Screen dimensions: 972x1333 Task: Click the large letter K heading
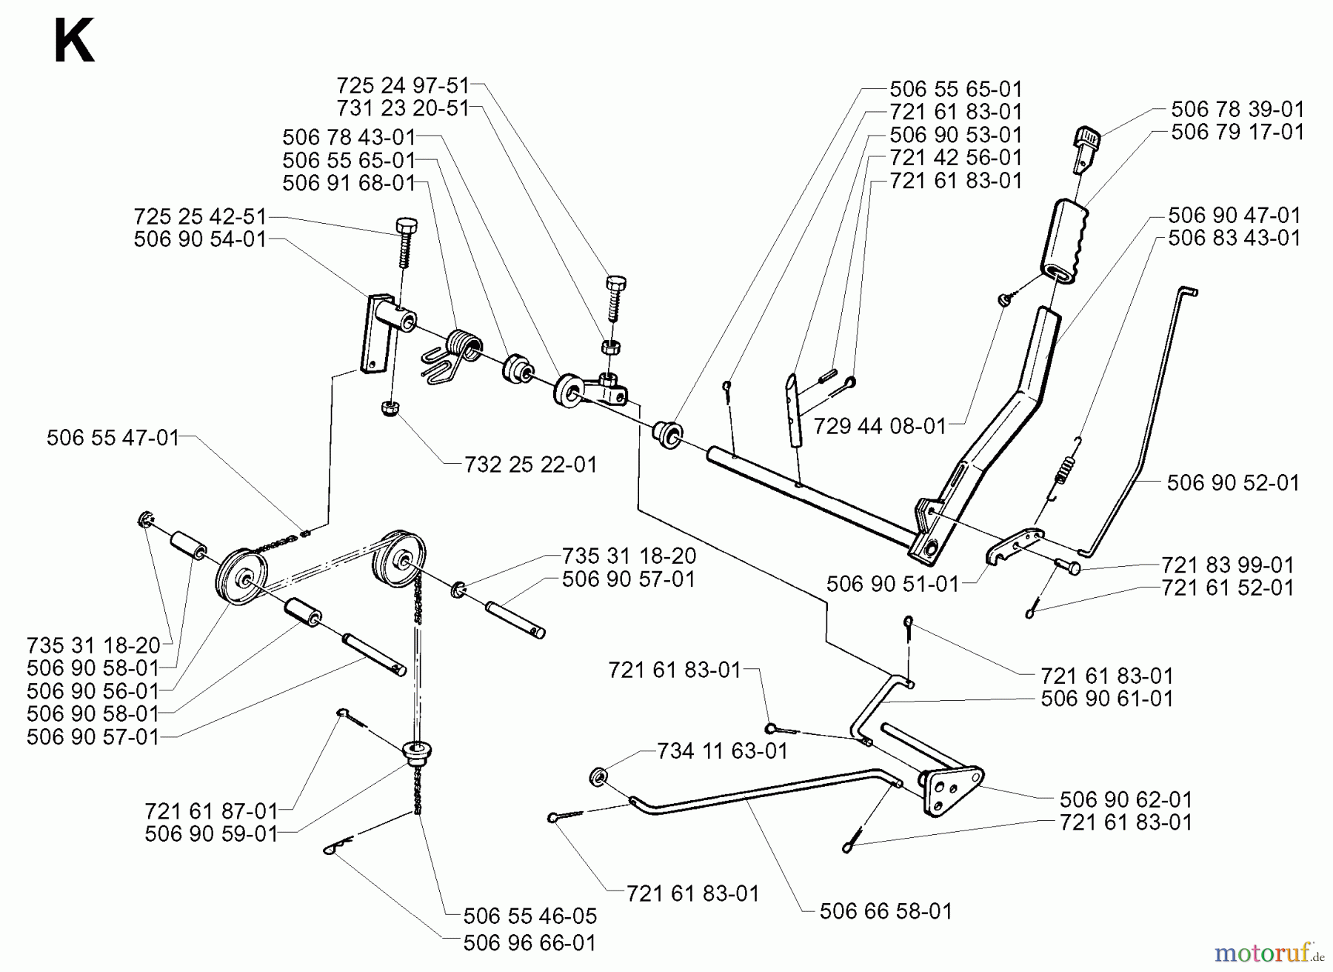[x=73, y=43]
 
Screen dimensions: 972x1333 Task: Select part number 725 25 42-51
[x=199, y=216]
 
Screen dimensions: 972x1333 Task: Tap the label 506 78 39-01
[x=1237, y=109]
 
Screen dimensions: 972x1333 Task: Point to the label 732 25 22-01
[x=530, y=465]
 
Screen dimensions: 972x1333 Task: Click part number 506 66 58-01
[x=886, y=911]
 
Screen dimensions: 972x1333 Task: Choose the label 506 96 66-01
[x=529, y=942]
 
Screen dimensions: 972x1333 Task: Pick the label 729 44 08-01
[x=880, y=426]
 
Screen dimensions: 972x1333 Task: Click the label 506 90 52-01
[x=1233, y=482]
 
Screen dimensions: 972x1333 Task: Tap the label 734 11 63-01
[x=722, y=750]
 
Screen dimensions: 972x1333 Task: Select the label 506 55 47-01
[x=113, y=438]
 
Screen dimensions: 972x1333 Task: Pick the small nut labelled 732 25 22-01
[x=387, y=407]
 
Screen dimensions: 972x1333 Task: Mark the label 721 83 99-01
[x=1227, y=565]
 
